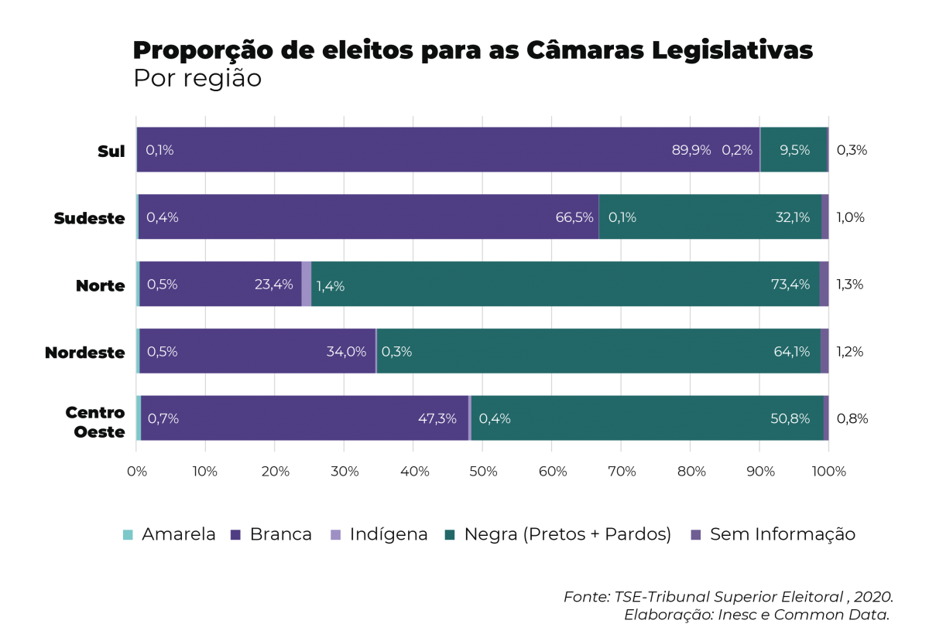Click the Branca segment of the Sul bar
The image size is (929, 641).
pos(418,149)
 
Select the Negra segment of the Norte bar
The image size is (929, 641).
pos(565,284)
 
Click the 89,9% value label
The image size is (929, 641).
pos(691,150)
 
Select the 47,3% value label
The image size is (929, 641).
pos(437,418)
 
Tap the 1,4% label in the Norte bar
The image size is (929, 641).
pos(331,286)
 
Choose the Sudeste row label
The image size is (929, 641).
pos(89,218)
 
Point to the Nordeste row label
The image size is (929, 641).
pos(84,353)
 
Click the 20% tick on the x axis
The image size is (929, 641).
pos(274,470)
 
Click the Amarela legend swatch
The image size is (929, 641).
pos(128,535)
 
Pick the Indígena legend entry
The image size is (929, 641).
pos(379,534)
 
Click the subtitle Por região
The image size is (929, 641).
pos(197,79)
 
